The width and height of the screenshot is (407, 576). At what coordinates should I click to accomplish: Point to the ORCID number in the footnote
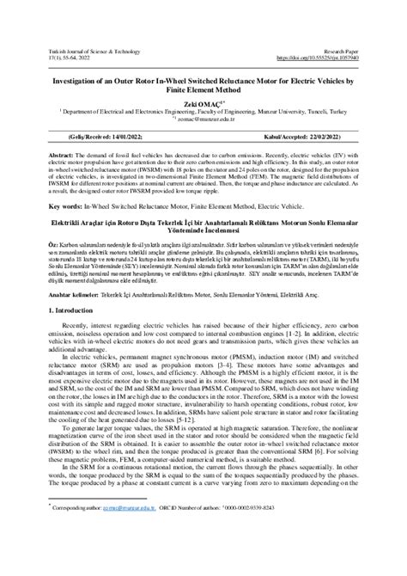[283, 556]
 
